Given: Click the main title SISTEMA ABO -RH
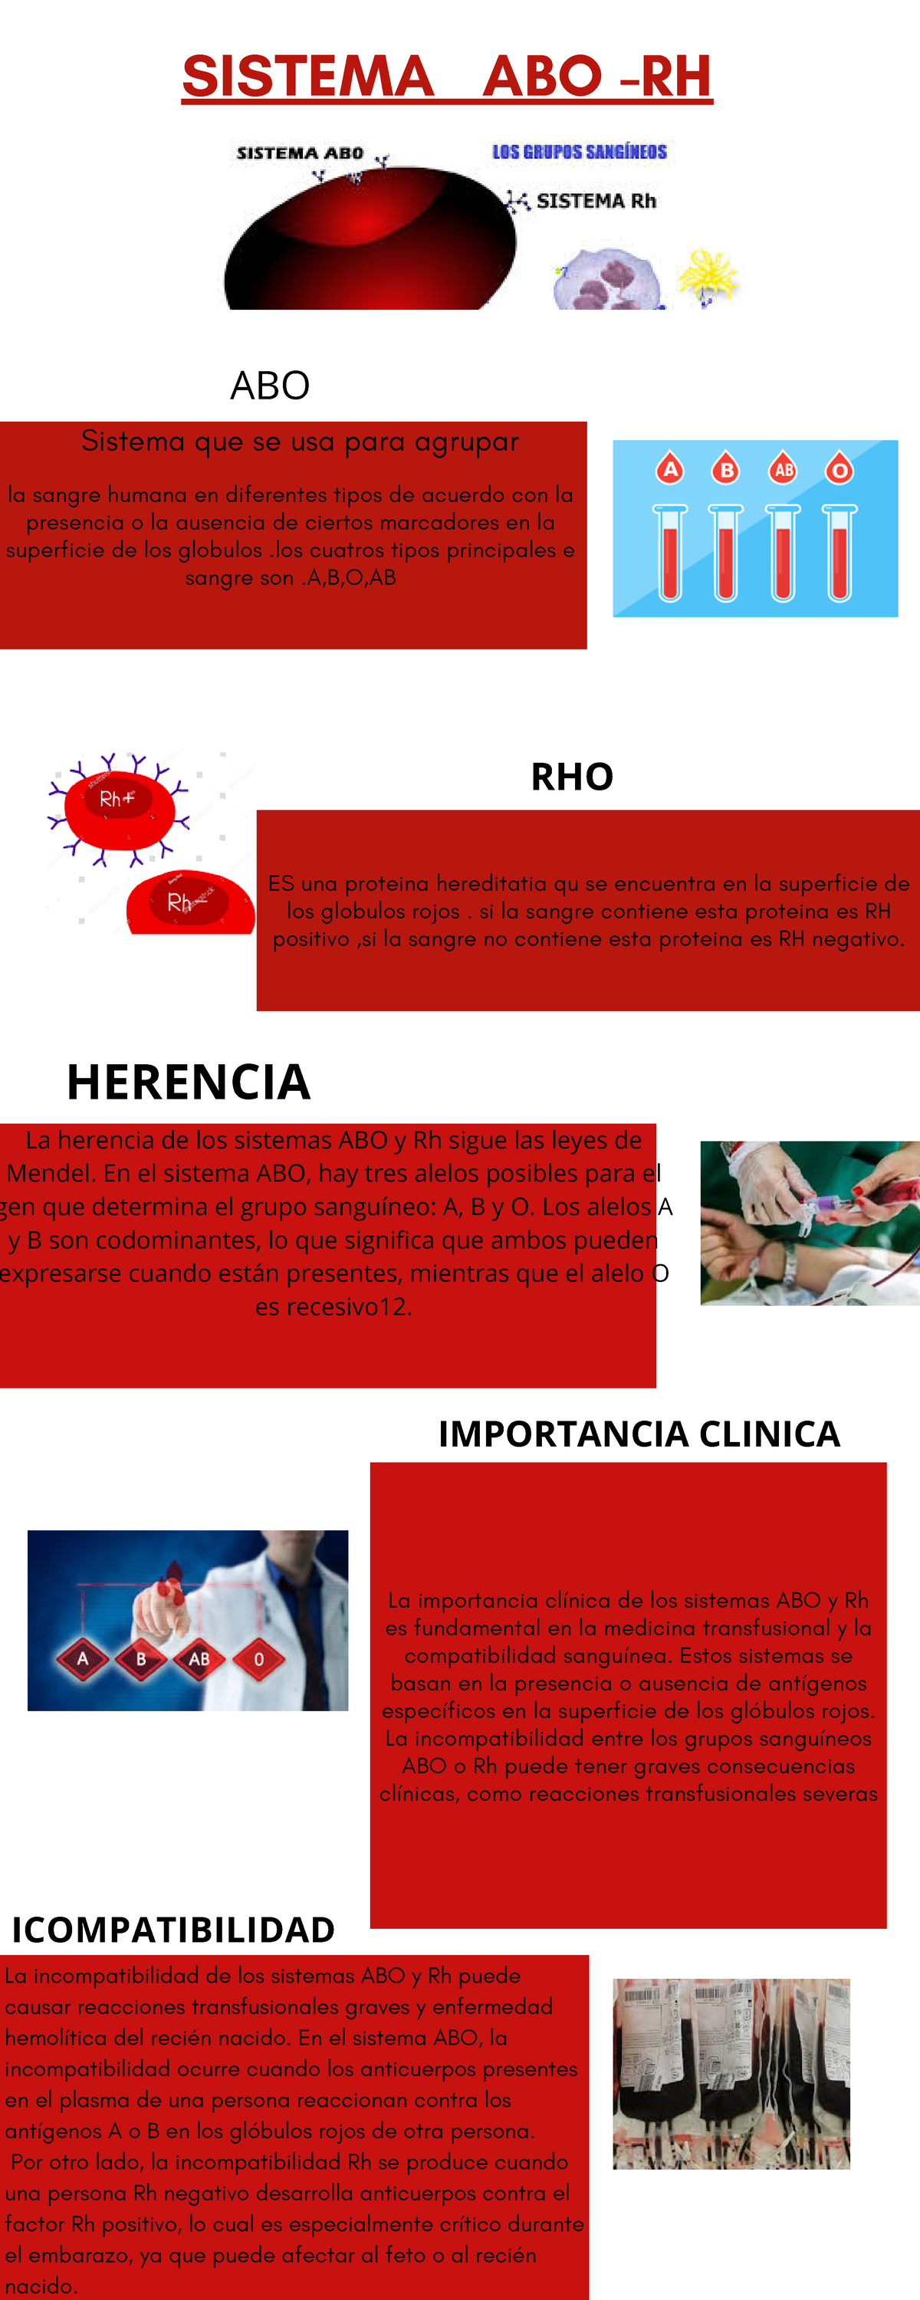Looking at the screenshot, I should coord(447,77).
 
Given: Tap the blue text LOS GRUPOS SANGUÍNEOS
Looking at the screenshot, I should coord(580,152).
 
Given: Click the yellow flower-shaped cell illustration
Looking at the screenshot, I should coord(708,276).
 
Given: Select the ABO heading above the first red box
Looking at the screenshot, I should coord(270,386).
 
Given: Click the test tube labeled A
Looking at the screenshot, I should coord(670,553).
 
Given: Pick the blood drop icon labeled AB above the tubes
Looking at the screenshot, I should coord(784,468).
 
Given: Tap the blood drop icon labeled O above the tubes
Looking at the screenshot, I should coord(839,468).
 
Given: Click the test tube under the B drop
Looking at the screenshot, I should coord(725,553).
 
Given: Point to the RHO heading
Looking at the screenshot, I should coord(572,777).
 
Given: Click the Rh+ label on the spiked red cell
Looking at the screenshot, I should coord(116,799).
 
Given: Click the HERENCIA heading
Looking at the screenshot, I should coord(189,1082).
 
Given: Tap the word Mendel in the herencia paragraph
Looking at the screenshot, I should coord(52,1173).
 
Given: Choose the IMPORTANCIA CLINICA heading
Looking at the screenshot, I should coord(639,1434).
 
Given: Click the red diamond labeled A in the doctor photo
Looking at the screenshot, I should coord(82,1659).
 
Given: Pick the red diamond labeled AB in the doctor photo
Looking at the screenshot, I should coord(199,1659).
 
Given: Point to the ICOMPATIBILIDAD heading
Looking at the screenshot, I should coord(173,1930).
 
